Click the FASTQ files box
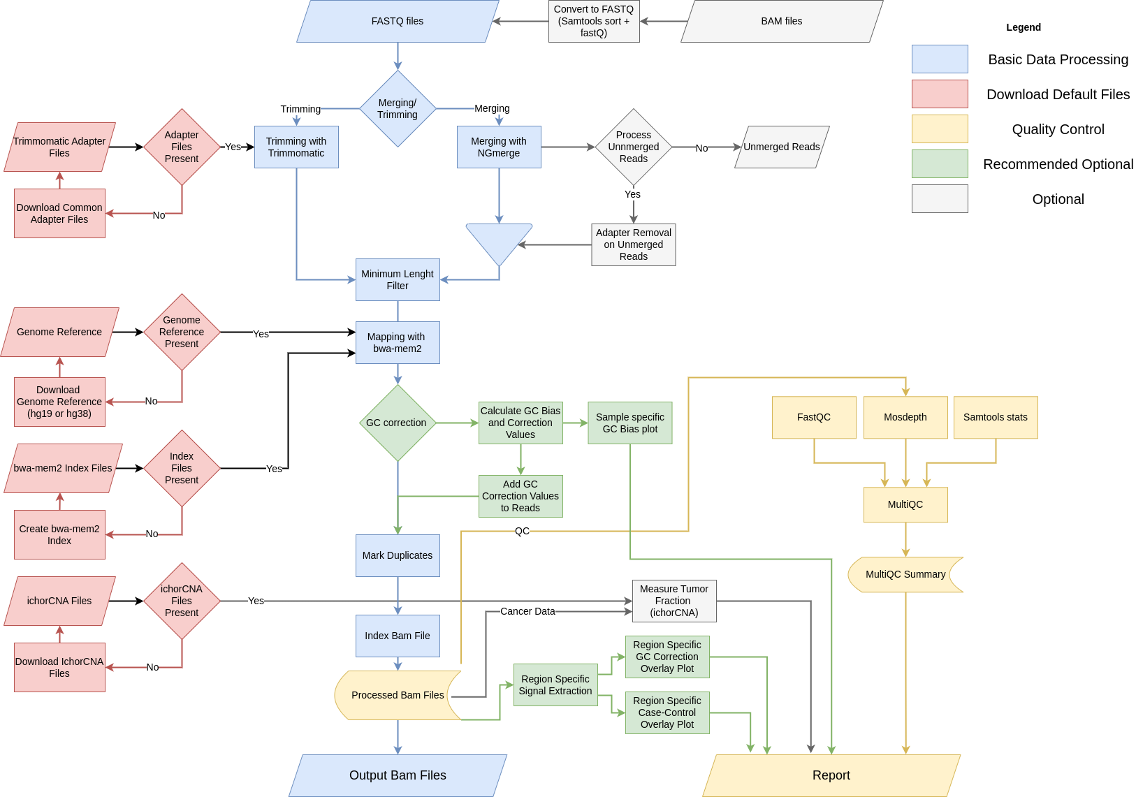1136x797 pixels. coord(398,22)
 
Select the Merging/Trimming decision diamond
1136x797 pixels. coord(398,109)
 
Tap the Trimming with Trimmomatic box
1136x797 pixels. coord(296,147)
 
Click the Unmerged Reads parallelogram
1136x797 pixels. coord(782,147)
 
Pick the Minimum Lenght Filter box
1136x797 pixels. coord(398,280)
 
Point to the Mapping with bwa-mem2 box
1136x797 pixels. coord(398,343)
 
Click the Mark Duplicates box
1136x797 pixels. coord(398,556)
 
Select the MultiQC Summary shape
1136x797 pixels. coord(905,575)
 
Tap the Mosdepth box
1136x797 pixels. coord(905,418)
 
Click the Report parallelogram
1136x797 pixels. coord(831,775)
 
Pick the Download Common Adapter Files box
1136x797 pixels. coord(59,214)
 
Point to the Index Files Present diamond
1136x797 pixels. coord(182,469)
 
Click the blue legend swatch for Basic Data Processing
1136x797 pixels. coord(940,59)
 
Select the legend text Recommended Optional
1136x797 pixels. coord(1058,165)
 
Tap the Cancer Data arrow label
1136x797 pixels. coord(527,612)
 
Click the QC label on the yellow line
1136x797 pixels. coord(522,532)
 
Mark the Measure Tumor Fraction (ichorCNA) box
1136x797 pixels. coord(674,601)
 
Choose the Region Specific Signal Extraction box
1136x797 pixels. coord(555,685)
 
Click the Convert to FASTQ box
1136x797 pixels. coord(594,22)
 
